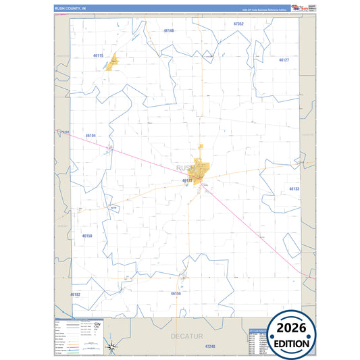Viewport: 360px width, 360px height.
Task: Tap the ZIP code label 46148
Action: [x=169, y=31]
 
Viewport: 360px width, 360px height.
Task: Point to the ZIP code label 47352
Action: [x=238, y=24]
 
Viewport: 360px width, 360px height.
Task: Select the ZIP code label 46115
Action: [x=99, y=55]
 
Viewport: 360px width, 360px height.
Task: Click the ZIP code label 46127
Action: [x=284, y=60]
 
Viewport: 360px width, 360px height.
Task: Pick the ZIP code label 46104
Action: [x=91, y=136]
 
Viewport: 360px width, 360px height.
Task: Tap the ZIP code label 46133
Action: [x=294, y=189]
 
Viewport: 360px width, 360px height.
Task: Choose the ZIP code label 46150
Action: [x=86, y=236]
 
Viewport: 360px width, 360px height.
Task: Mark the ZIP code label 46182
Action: [x=75, y=294]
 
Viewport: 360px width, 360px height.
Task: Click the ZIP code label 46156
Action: [x=176, y=294]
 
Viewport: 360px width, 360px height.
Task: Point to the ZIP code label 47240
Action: [x=211, y=346]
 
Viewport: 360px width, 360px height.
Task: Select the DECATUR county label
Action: [x=182, y=334]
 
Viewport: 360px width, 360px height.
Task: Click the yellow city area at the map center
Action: [x=201, y=166]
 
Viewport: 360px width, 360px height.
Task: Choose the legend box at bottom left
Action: [x=78, y=336]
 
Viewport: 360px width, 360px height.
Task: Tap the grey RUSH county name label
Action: [x=184, y=168]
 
